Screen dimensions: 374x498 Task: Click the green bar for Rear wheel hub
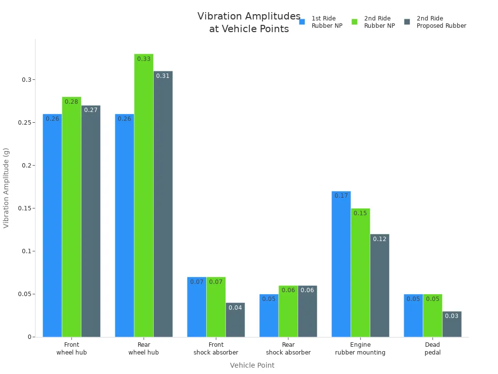143,195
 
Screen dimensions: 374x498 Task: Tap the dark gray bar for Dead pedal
452,324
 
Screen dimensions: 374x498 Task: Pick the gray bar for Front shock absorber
235,320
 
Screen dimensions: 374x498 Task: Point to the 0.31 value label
163,76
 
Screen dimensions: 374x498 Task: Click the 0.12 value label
379,239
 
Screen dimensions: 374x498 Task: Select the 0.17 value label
341,196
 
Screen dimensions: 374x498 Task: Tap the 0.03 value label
452,316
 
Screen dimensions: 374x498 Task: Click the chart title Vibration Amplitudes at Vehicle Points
249,22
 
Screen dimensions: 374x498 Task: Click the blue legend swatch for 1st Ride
302,22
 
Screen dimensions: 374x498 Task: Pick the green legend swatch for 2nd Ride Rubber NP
355,22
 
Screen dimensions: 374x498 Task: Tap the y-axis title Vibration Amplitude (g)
6,188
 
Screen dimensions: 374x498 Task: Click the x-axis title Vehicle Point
252,365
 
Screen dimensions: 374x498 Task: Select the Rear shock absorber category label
288,349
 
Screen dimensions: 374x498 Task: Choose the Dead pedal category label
432,349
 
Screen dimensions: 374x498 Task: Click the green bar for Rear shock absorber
288,311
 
